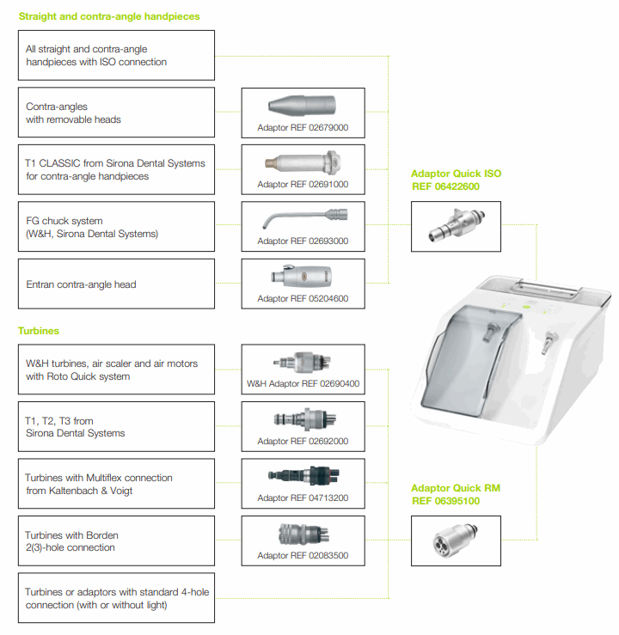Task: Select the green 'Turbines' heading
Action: (x=39, y=330)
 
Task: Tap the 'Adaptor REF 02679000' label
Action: (x=303, y=128)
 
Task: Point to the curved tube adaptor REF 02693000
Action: (x=303, y=217)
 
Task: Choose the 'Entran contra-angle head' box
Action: (x=116, y=284)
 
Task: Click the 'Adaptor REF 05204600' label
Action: (x=303, y=298)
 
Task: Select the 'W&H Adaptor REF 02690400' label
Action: (x=303, y=383)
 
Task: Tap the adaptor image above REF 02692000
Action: (x=303, y=419)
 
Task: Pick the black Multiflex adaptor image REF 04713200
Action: (x=303, y=476)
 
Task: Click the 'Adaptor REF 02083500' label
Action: (x=303, y=555)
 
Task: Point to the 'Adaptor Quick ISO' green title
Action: (x=456, y=174)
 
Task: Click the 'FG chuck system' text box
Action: (x=116, y=227)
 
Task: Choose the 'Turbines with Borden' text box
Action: (x=116, y=541)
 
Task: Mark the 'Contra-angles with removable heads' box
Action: (x=116, y=113)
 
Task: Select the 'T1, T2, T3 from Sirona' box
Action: (x=116, y=427)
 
